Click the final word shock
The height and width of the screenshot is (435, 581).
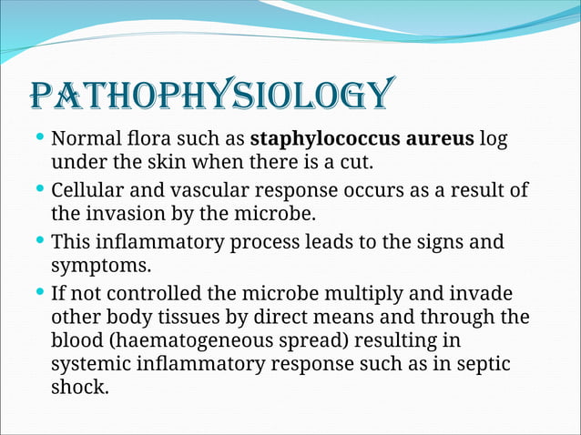click(x=79, y=386)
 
